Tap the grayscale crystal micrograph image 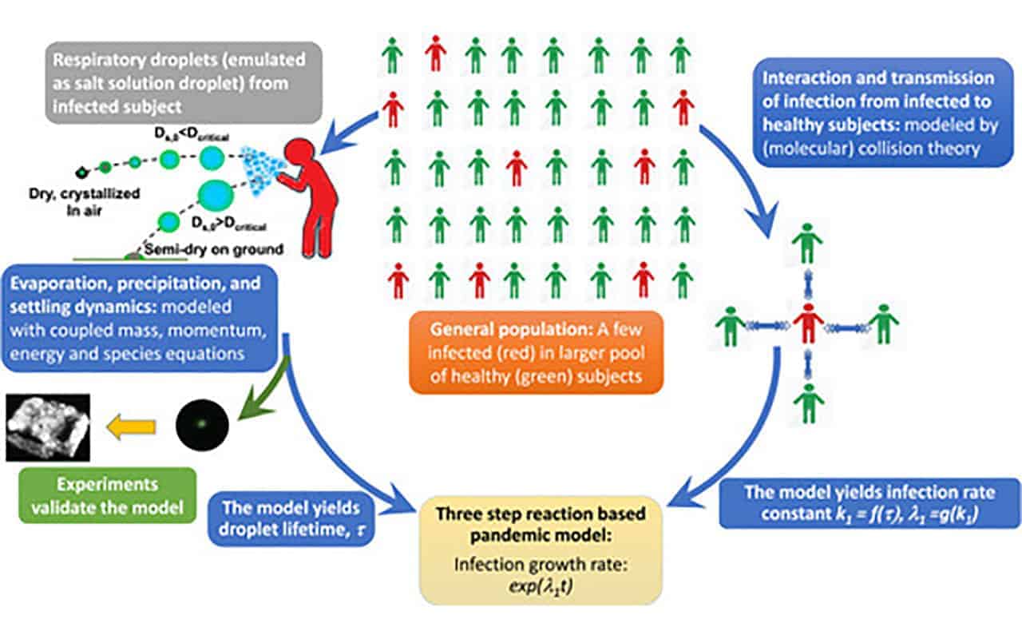click(47, 427)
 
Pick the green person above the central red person click(808, 244)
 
